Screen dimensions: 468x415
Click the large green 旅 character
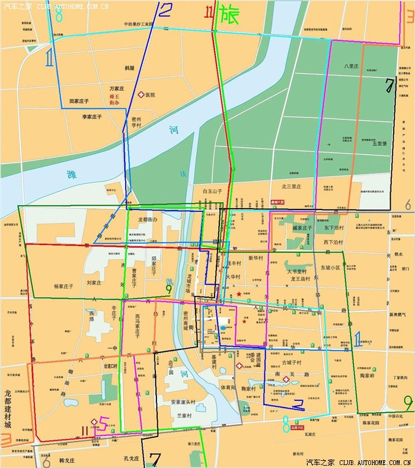pos(229,14)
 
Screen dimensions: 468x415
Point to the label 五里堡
pos(379,143)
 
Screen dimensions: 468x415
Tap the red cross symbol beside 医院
pos(141,94)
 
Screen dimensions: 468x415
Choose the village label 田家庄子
pos(82,101)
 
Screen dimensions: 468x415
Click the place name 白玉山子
pos(212,191)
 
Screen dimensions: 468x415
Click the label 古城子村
pos(291,362)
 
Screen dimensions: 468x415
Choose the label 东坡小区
pos(333,268)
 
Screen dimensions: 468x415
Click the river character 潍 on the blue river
pos(72,175)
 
